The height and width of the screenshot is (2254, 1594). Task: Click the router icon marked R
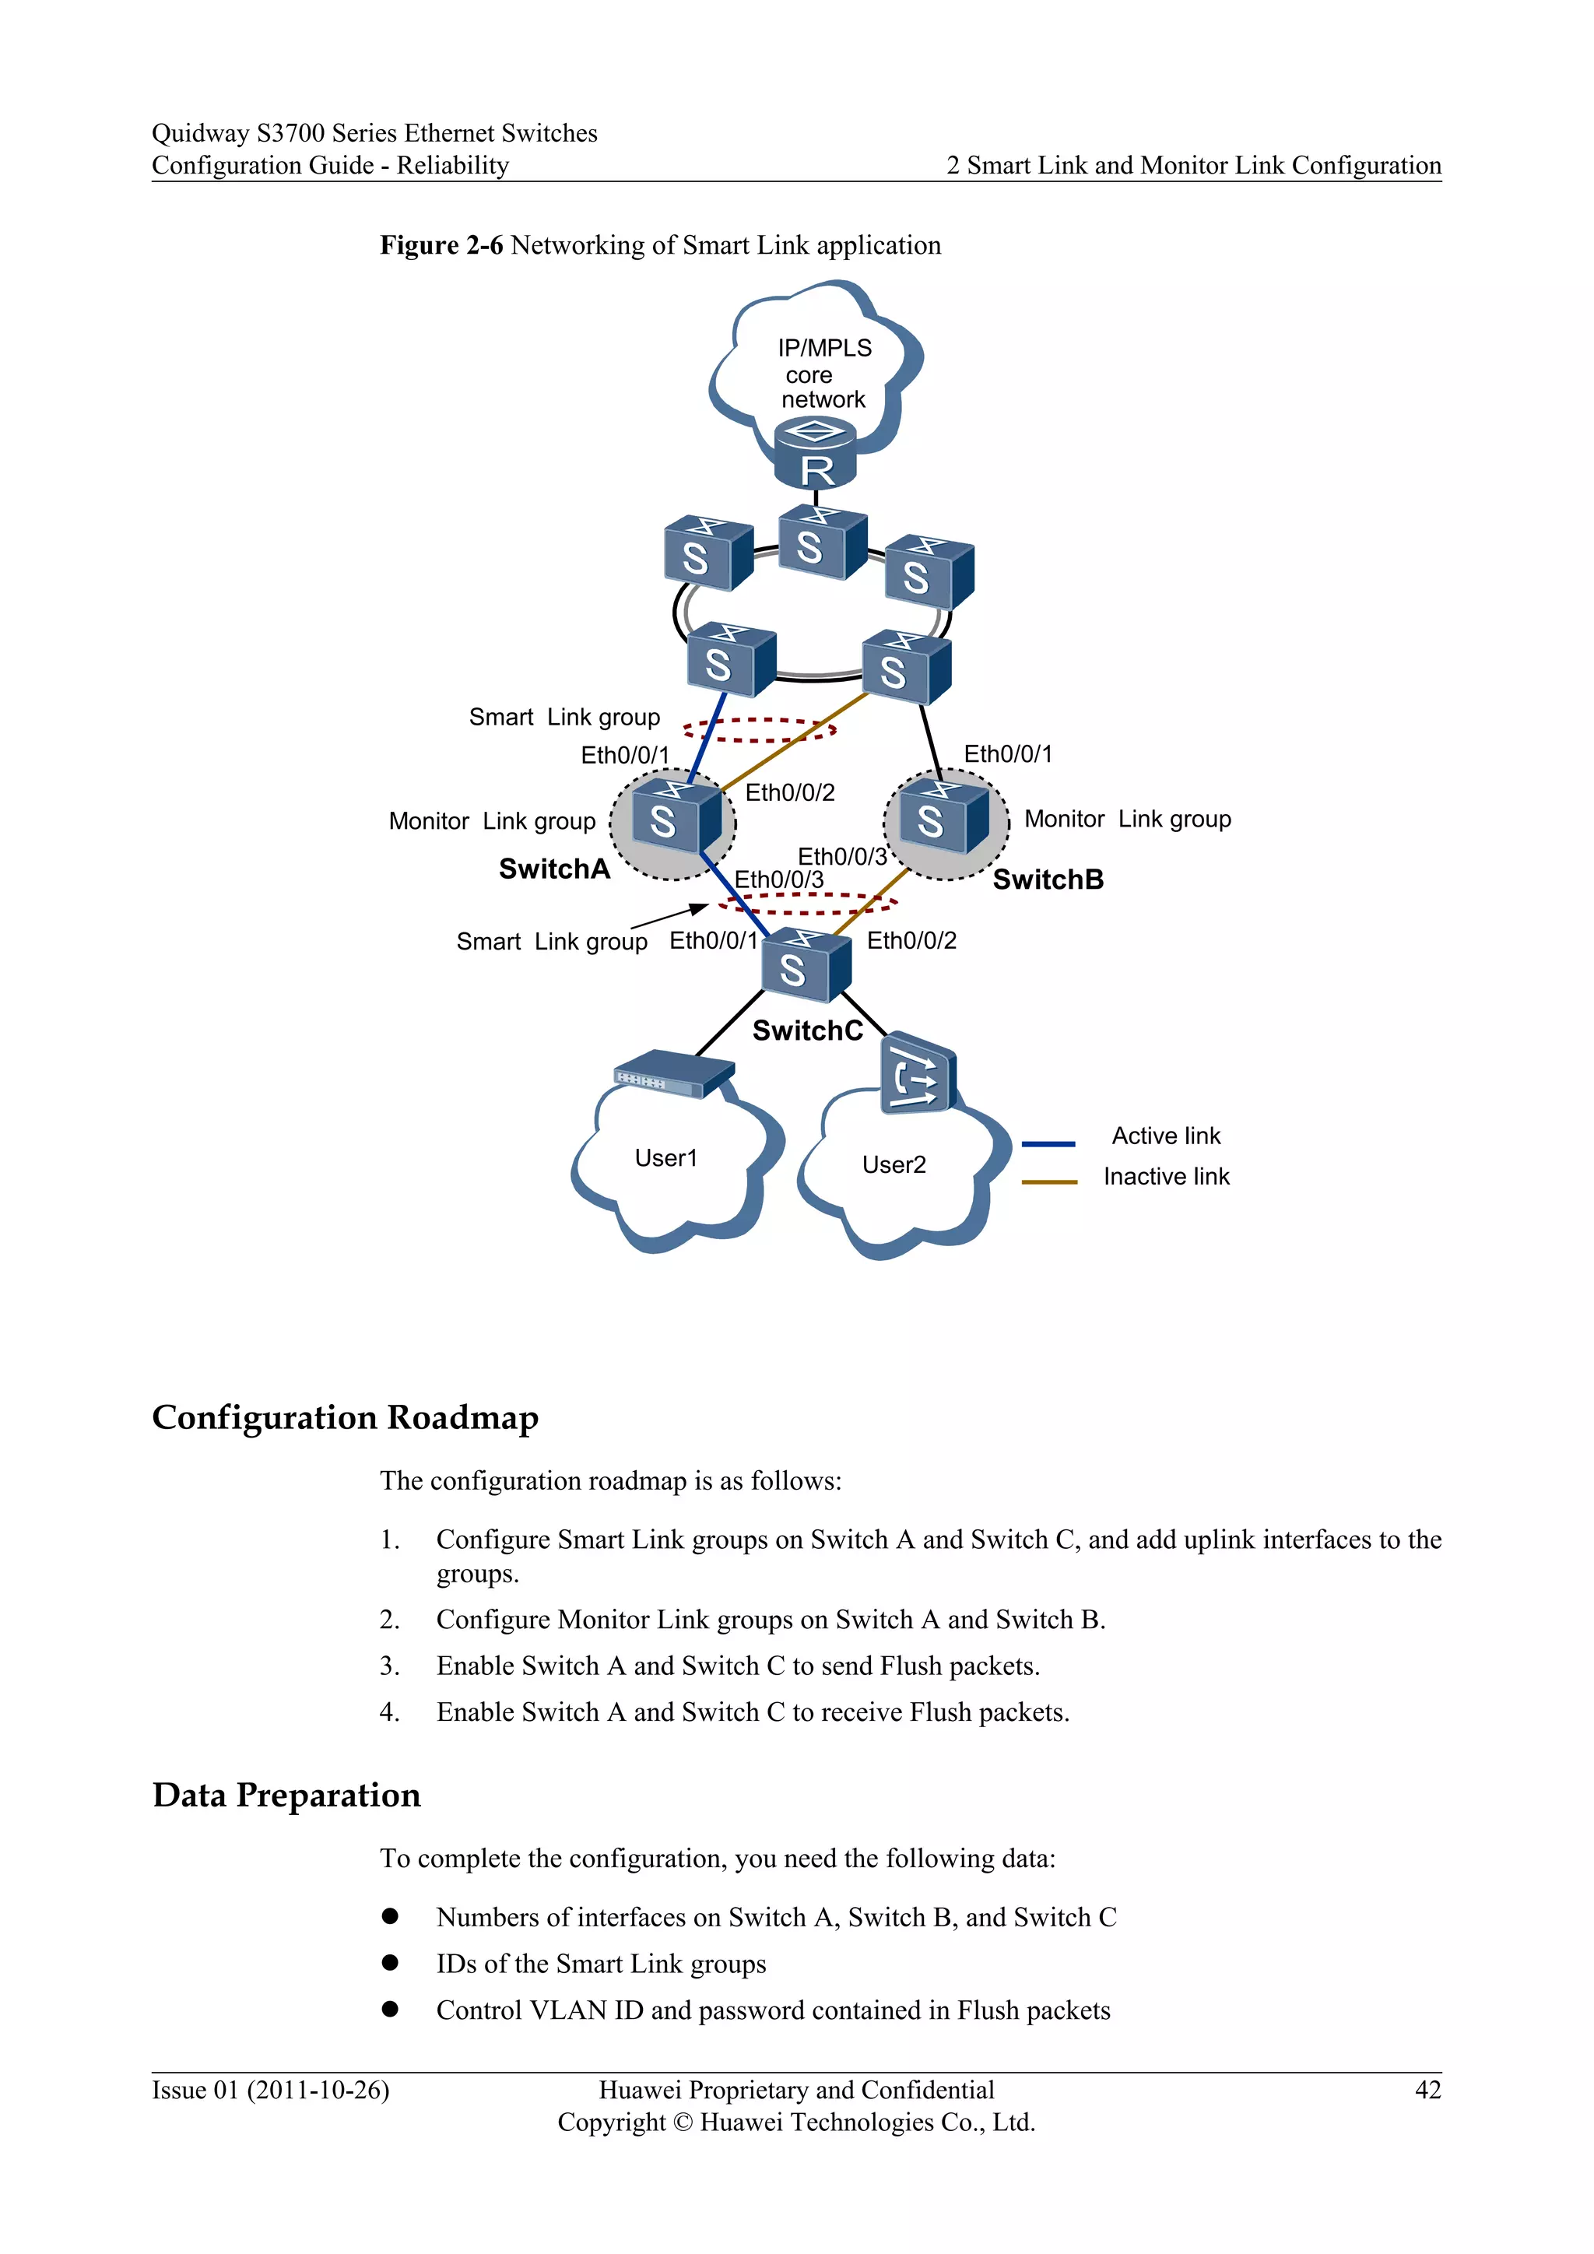[815, 455]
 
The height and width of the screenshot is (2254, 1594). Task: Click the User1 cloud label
[665, 1158]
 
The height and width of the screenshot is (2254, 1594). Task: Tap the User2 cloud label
[894, 1165]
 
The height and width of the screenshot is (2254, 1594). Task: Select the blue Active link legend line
[1048, 1143]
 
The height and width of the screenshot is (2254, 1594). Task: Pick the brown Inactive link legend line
[1048, 1182]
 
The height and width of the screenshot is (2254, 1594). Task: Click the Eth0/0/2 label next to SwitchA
[789, 793]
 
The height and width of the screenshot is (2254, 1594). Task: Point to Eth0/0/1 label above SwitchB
[1007, 754]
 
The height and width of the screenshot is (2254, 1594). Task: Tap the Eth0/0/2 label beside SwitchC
[911, 940]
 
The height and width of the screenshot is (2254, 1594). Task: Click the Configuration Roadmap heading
[346, 1417]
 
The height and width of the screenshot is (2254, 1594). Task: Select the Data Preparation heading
[286, 1795]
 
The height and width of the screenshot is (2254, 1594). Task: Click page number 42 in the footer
[1427, 2090]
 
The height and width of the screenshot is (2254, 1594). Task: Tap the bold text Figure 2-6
[441, 245]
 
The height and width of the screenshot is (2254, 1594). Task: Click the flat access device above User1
[673, 1074]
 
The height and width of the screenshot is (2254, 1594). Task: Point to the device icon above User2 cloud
[918, 1074]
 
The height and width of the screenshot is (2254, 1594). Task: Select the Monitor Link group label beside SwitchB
[1127, 819]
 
